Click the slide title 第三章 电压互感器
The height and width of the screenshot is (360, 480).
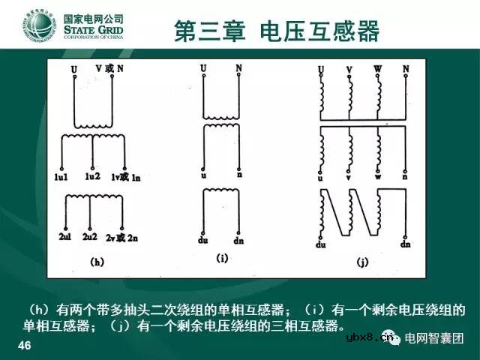tap(276, 31)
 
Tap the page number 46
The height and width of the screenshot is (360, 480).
tap(24, 345)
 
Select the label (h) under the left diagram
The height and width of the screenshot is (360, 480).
tap(97, 262)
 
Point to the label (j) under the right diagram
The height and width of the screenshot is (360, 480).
tap(362, 262)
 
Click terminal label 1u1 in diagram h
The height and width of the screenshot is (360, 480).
tap(63, 177)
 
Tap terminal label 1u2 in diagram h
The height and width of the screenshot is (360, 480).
tap(92, 176)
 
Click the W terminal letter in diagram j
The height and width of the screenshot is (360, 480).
tap(378, 70)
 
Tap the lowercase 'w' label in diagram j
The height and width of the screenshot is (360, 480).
tap(377, 178)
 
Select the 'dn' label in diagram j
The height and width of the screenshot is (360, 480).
tap(406, 245)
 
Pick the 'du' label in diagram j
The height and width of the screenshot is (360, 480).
tap(322, 245)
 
